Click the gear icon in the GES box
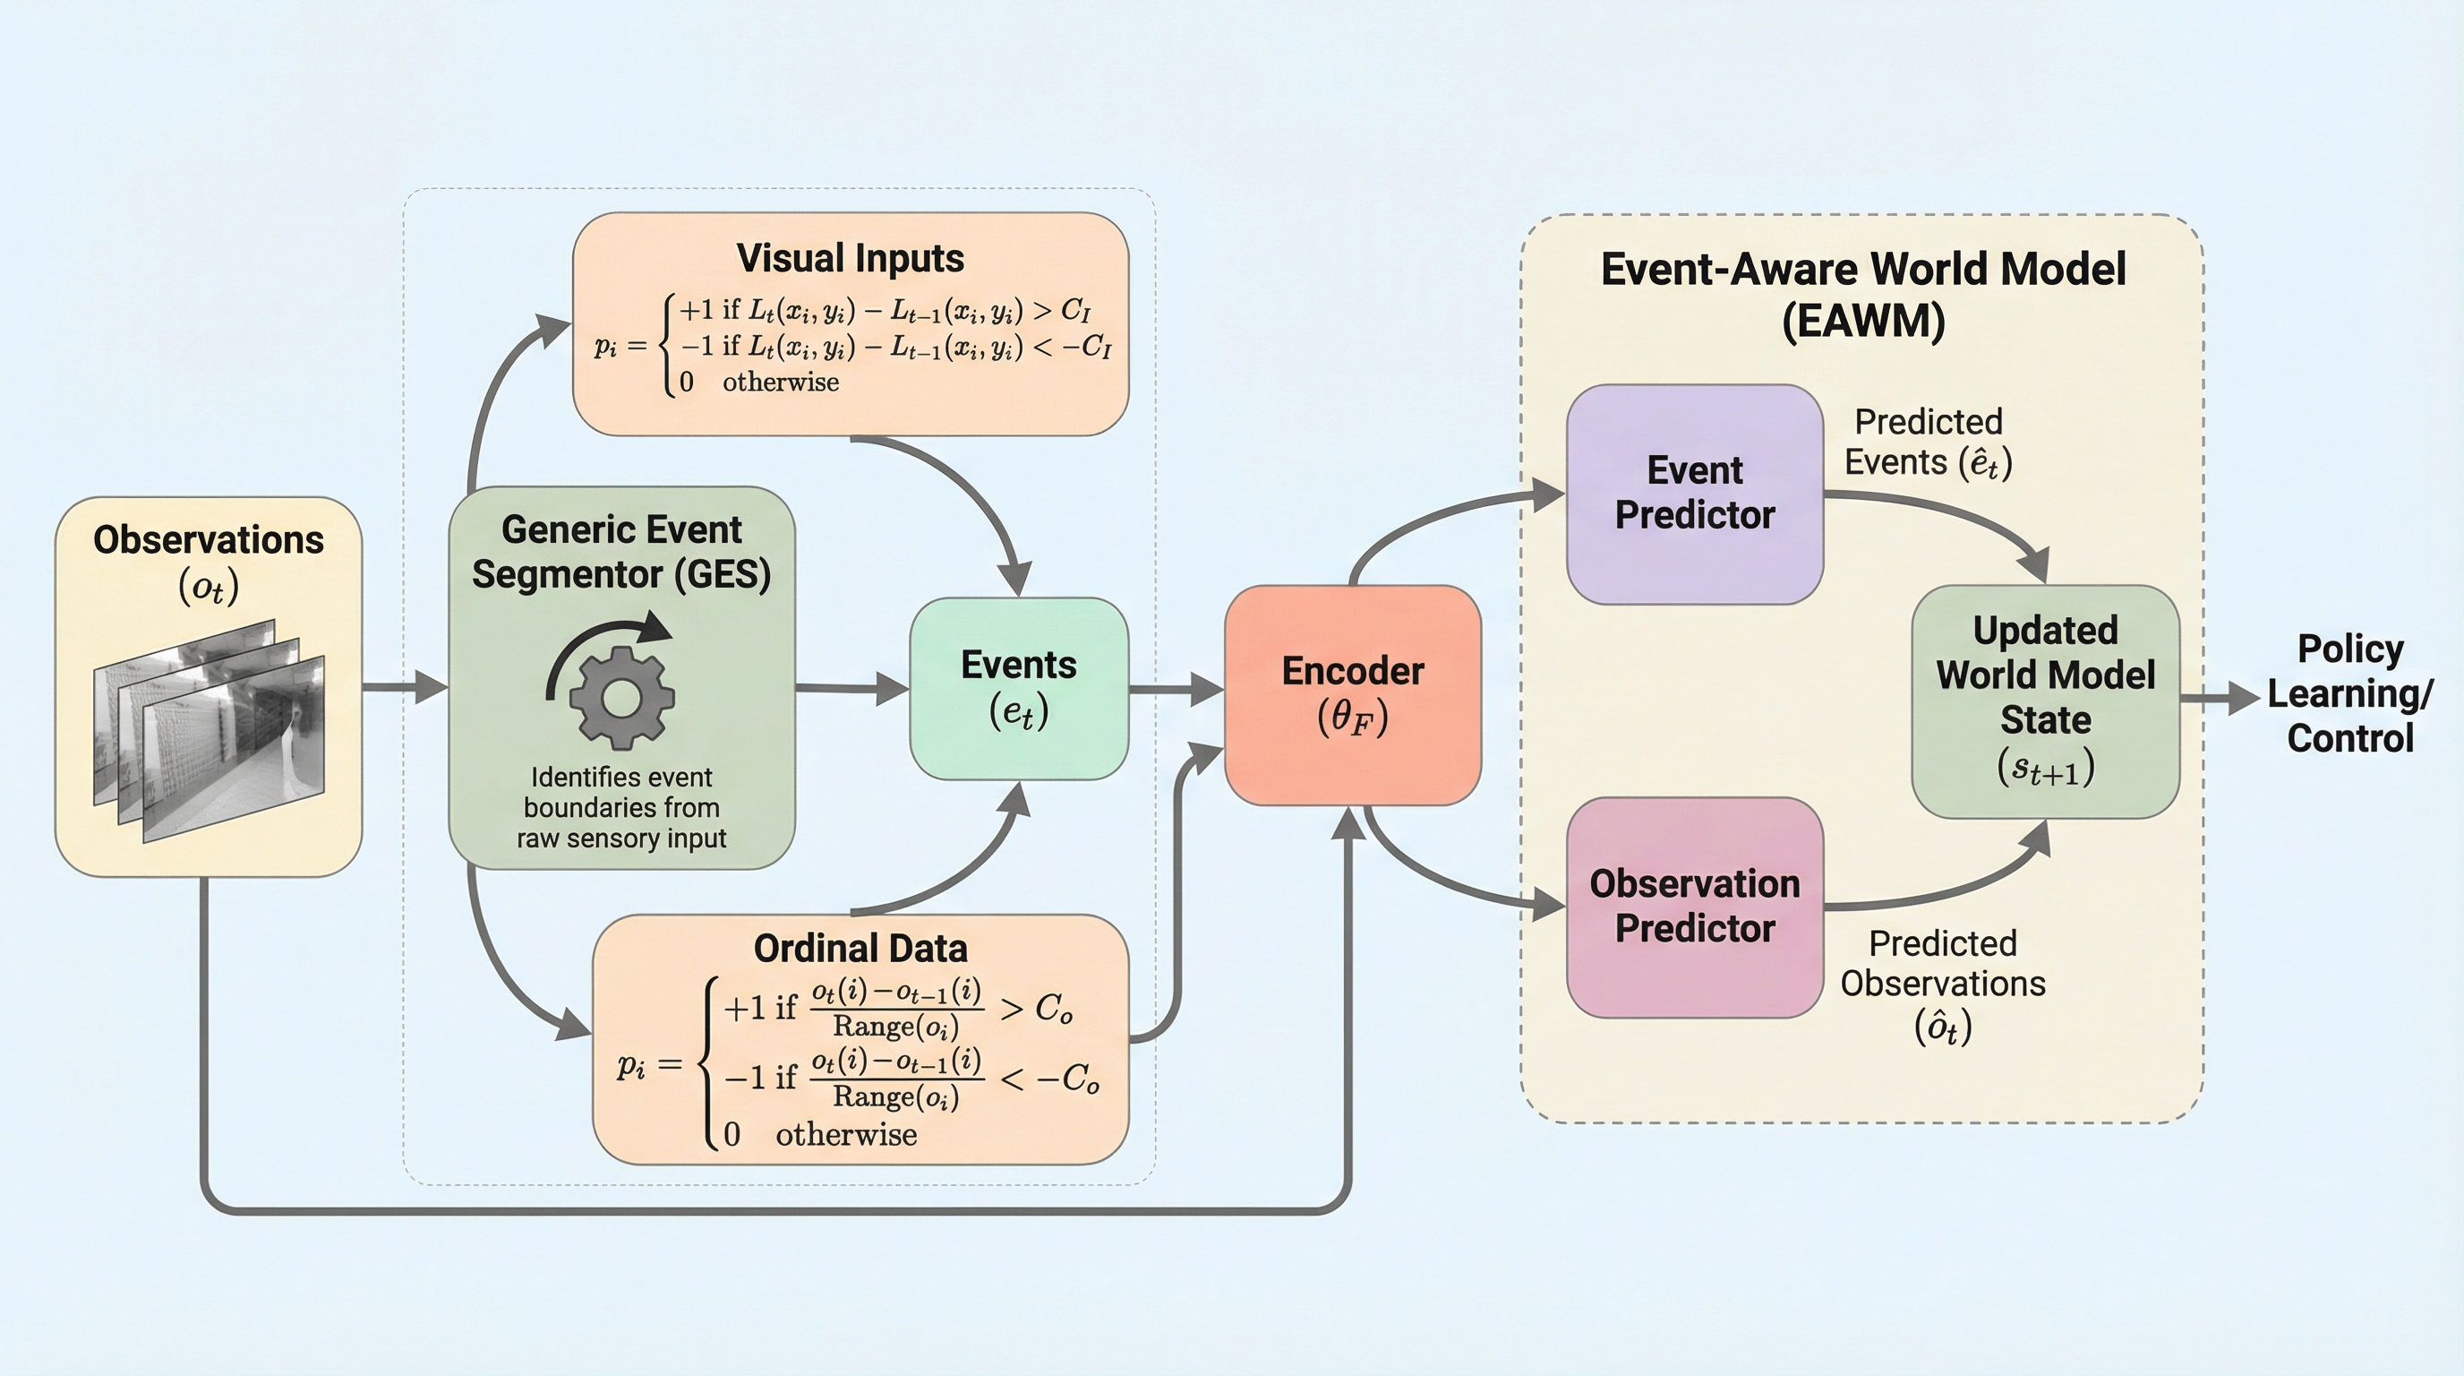tap(621, 698)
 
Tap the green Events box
tap(1019, 688)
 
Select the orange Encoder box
tap(1353, 694)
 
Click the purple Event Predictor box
tap(1694, 494)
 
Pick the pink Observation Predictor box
tap(1694, 907)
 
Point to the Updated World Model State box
tap(2045, 701)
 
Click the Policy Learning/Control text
tap(2349, 693)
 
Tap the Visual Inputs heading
tap(850, 258)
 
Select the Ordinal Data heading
tap(860, 949)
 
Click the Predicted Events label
tap(1928, 442)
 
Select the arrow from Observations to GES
tap(405, 687)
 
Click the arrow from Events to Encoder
tap(1176, 688)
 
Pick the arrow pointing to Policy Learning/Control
tap(2220, 698)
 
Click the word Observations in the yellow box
tap(209, 539)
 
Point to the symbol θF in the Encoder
tap(1353, 718)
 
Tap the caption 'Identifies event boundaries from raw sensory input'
tap(621, 808)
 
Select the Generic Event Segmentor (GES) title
tap(621, 552)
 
